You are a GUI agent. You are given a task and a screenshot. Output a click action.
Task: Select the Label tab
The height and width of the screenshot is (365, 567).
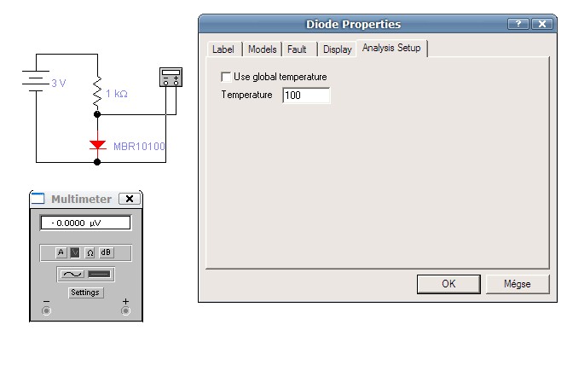point(223,49)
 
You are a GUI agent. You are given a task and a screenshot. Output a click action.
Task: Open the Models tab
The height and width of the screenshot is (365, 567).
point(262,49)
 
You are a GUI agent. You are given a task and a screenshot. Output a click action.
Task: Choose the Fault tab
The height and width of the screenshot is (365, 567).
point(298,49)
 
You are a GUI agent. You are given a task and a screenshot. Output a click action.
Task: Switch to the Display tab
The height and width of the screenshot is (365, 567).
point(337,49)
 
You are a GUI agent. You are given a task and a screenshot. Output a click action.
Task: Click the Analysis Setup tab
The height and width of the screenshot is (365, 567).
point(391,48)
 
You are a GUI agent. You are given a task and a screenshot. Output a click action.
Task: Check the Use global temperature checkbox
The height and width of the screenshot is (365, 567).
point(226,77)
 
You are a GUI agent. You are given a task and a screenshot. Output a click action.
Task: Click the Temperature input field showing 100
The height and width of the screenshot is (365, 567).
point(305,96)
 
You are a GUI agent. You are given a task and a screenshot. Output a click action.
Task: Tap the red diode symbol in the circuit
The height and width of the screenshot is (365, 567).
point(97,146)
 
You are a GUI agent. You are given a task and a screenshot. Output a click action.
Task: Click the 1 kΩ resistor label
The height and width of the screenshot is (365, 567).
point(117,94)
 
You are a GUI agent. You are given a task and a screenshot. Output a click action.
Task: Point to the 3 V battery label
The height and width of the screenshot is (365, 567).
point(59,84)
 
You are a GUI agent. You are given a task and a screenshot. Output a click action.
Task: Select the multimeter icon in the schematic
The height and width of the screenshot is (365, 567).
point(171,78)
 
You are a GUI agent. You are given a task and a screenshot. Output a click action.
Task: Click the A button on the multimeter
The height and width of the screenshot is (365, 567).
point(61,252)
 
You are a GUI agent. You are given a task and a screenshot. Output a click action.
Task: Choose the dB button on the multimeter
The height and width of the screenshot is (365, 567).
point(106,252)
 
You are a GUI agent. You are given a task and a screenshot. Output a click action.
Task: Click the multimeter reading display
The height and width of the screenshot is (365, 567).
point(84,223)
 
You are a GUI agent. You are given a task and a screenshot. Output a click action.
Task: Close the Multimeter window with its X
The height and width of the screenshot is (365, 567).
point(129,199)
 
